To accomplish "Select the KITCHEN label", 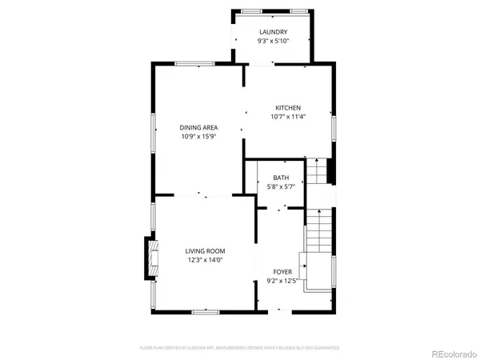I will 288,108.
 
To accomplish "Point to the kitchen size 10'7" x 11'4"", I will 288,117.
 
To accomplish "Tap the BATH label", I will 281,178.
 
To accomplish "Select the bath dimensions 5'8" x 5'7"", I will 281,187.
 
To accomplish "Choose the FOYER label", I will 281,272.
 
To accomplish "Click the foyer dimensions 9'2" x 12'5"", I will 281,281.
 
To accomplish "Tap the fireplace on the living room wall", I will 148,258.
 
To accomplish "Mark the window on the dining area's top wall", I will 194,64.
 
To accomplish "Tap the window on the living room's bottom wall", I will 206,310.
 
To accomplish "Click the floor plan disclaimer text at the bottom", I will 240,348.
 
